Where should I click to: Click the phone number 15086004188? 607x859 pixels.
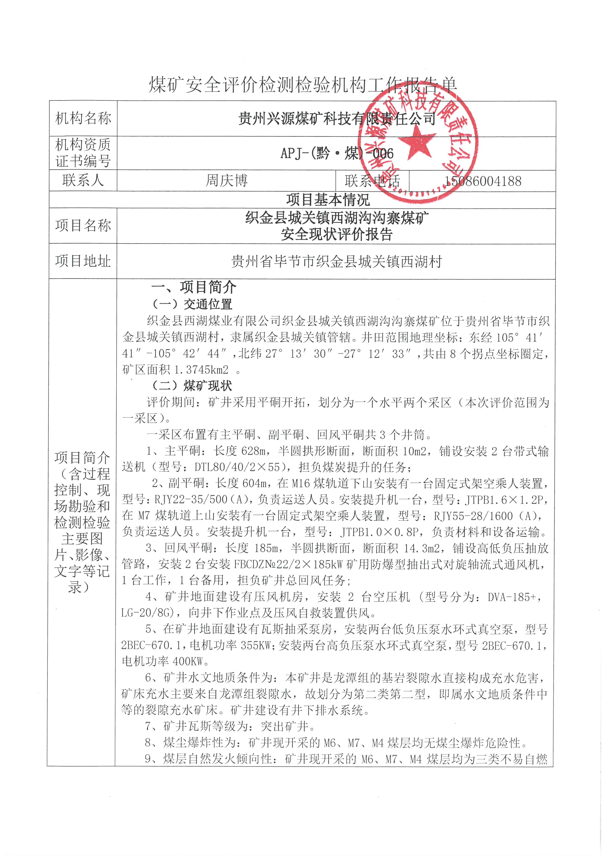pyautogui.click(x=482, y=181)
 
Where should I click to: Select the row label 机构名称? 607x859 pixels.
pyautogui.click(x=83, y=118)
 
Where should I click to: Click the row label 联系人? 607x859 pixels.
pyautogui.click(x=83, y=180)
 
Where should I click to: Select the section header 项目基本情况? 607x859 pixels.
pyautogui.click(x=328, y=200)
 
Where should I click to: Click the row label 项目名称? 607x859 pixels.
pyautogui.click(x=83, y=226)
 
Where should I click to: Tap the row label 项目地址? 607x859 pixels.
pyautogui.click(x=83, y=261)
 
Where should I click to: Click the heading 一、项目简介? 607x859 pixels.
pyautogui.click(x=194, y=287)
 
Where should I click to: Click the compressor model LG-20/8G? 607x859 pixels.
pyautogui.click(x=147, y=613)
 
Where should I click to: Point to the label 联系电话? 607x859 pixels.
pyautogui.click(x=372, y=181)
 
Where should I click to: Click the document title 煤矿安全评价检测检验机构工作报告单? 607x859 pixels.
pyautogui.click(x=303, y=85)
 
